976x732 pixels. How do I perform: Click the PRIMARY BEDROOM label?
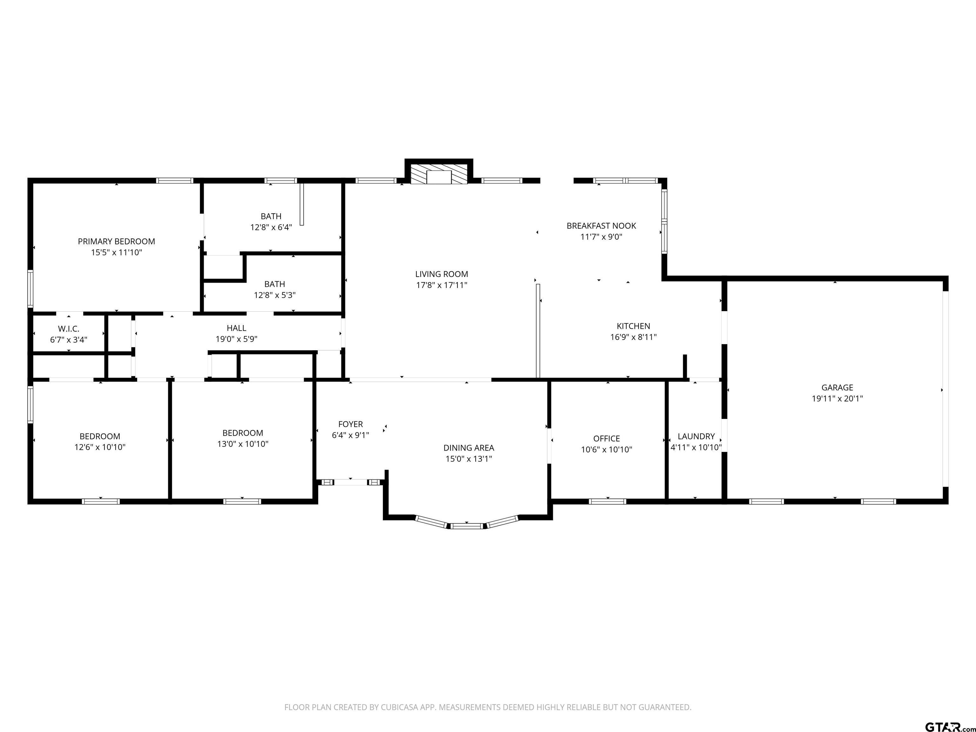pos(117,241)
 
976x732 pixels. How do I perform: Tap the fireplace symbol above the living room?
pos(438,174)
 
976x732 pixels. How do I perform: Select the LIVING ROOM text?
pos(442,274)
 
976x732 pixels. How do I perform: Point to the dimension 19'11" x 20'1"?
pos(837,398)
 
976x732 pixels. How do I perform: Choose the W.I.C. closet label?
pos(69,329)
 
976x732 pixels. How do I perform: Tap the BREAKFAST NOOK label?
pos(601,226)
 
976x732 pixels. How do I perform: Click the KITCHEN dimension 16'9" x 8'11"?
pos(634,337)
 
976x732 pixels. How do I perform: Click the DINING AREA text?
pos(469,448)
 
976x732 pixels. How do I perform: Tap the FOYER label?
pos(351,424)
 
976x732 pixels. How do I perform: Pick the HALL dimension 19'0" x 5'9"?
pos(236,339)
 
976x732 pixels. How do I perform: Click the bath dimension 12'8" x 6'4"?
pos(271,227)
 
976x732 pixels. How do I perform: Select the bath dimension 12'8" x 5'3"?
pos(275,295)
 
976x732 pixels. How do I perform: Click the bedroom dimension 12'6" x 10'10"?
pos(100,447)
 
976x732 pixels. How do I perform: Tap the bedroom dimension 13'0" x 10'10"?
pos(243,444)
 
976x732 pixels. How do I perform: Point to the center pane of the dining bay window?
pos(467,525)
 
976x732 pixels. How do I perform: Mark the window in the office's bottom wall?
pos(607,501)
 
